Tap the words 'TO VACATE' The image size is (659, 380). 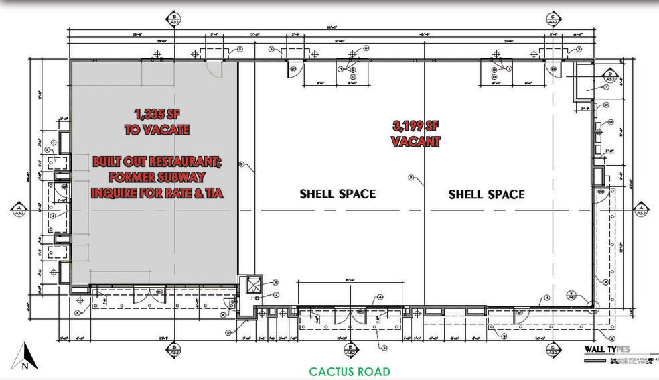[x=157, y=130]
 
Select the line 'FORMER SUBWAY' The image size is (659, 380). [x=156, y=178]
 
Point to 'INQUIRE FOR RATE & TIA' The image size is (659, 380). [x=156, y=193]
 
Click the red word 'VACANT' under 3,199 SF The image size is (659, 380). [x=415, y=141]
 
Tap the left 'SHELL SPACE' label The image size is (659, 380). [x=337, y=194]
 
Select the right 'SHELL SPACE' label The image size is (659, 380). [x=486, y=194]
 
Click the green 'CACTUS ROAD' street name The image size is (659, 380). [x=349, y=371]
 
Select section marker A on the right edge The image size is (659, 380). [x=640, y=209]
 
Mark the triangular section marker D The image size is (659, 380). [x=611, y=76]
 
